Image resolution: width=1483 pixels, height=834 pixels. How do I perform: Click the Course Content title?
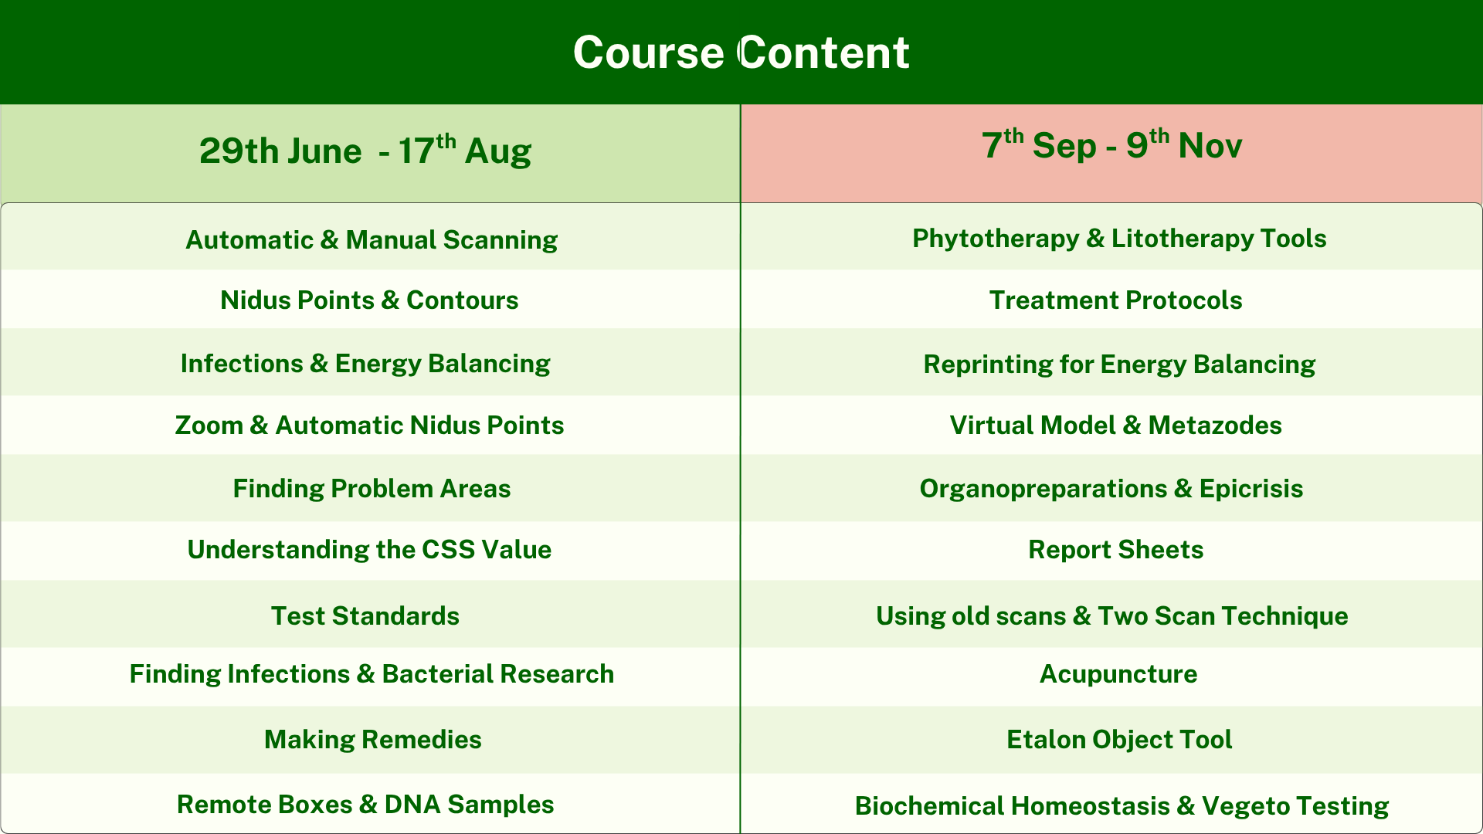point(741,53)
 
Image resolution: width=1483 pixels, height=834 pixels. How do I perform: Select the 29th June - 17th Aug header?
point(365,150)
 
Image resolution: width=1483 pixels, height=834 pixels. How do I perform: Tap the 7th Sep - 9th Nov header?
point(1111,144)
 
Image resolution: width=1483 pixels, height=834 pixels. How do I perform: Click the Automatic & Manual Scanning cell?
point(372,240)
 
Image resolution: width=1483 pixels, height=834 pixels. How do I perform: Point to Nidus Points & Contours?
point(369,300)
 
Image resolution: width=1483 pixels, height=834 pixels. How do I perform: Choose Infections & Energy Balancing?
point(365,364)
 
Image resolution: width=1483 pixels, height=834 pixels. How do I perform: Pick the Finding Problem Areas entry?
point(372,488)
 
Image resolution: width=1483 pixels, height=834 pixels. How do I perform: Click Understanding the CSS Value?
point(369,549)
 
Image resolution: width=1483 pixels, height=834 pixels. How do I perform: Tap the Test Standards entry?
point(365,615)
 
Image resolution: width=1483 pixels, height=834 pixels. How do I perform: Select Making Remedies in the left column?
point(373,739)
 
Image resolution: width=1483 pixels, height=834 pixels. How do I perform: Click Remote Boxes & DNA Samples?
point(365,804)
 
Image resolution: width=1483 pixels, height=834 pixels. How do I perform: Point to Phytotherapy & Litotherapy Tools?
point(1119,239)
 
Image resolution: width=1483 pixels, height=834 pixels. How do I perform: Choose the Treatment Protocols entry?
point(1116,300)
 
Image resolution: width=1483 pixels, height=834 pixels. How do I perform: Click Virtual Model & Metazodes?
point(1116,425)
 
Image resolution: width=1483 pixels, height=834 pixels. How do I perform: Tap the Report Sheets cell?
point(1116,549)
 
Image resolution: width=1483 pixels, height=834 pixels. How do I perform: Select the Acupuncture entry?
point(1118,674)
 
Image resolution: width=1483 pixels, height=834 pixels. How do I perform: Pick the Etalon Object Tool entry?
point(1119,739)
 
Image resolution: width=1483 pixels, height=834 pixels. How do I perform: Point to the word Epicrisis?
point(1251,489)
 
